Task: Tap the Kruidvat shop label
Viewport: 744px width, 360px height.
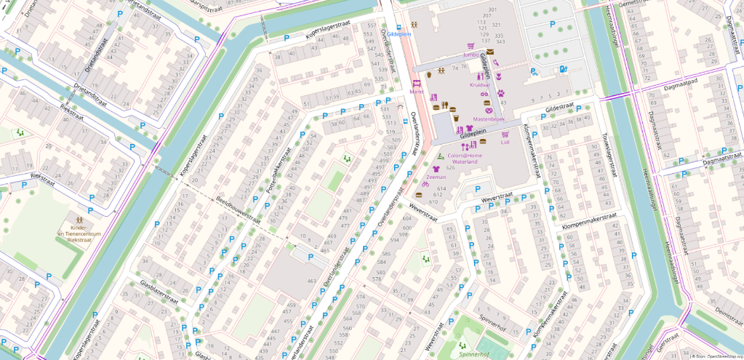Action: point(480,85)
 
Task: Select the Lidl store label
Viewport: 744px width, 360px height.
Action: point(505,143)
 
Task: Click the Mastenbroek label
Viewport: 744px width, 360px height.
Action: point(489,119)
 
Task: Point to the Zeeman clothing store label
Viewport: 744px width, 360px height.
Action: point(436,176)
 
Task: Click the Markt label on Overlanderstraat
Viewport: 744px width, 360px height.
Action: point(417,92)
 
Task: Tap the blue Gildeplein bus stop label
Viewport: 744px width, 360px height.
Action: point(400,34)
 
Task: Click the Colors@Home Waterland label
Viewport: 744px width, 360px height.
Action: point(465,159)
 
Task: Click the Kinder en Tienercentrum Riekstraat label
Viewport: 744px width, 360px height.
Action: point(78,233)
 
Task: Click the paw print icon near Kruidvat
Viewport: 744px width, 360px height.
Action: point(500,92)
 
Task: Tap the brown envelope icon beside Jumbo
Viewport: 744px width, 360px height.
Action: point(490,52)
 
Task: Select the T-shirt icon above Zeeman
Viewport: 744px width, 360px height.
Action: point(436,167)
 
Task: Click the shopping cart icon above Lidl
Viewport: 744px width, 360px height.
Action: point(505,135)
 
